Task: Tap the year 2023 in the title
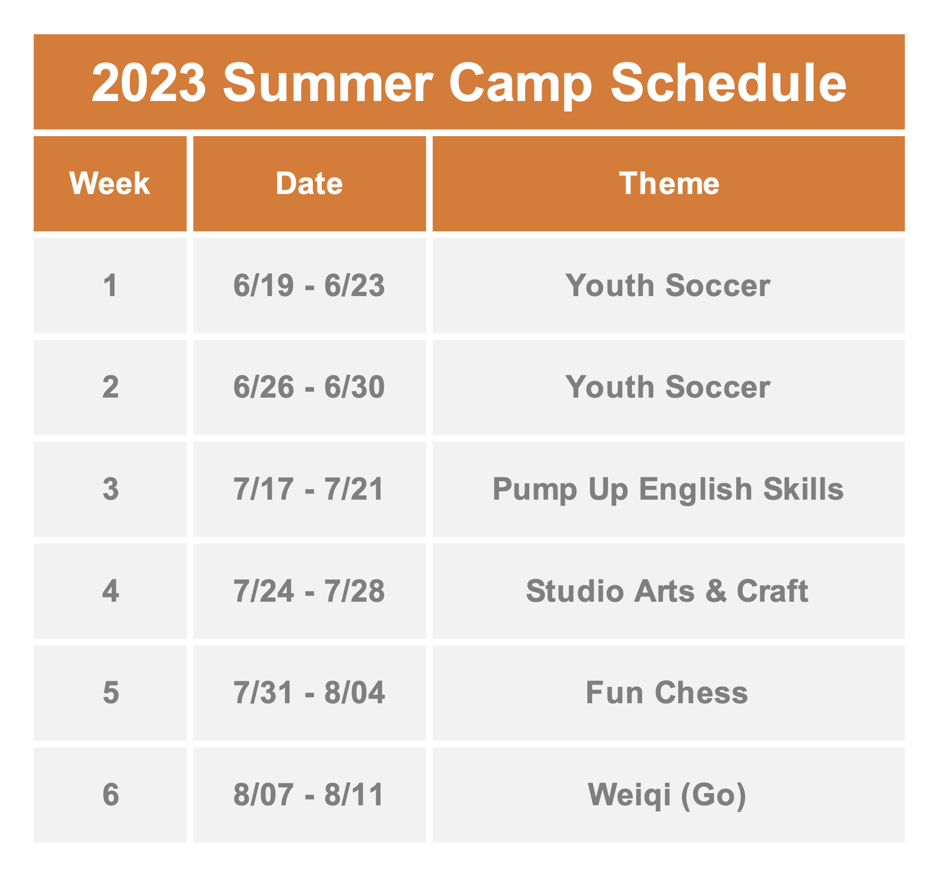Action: [x=149, y=83]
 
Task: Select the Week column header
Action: [x=110, y=184]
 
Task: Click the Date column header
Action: [x=309, y=184]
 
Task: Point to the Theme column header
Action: [x=669, y=184]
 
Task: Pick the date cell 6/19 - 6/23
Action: [x=309, y=285]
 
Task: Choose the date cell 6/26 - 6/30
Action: [x=309, y=387]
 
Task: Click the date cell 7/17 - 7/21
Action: [x=309, y=489]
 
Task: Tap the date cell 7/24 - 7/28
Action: [x=309, y=591]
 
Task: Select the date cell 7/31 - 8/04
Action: [x=309, y=693]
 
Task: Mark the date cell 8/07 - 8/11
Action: [x=309, y=795]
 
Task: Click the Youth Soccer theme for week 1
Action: [x=668, y=285]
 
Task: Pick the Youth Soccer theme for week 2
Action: [x=668, y=387]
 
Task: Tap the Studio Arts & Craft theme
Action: [x=667, y=591]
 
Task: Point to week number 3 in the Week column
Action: [x=111, y=489]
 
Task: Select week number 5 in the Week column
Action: [x=111, y=693]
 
